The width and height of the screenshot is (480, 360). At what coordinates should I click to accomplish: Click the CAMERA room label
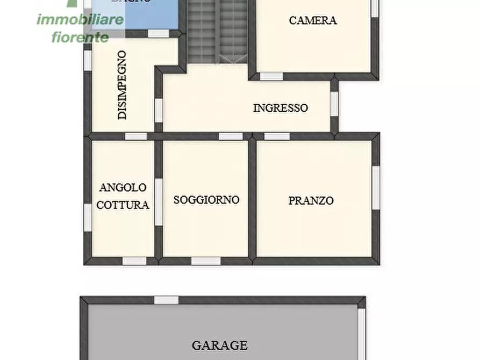click(x=313, y=20)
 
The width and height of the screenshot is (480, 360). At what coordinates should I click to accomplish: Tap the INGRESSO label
click(x=281, y=107)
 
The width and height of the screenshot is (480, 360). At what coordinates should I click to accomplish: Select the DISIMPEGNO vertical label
click(x=123, y=85)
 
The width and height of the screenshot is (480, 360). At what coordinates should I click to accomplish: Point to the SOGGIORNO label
click(x=206, y=199)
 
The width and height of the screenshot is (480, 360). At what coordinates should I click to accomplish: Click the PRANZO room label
click(x=311, y=200)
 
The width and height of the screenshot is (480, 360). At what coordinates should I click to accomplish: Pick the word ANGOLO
click(x=123, y=188)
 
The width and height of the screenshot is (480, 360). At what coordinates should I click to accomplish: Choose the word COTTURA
click(x=123, y=205)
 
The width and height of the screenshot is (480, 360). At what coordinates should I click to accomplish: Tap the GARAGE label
click(x=220, y=345)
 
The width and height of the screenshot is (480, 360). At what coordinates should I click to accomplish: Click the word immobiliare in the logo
click(x=80, y=20)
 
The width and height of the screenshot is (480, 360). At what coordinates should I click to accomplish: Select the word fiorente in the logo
click(x=80, y=37)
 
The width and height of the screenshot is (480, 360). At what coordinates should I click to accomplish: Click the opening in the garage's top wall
click(x=166, y=300)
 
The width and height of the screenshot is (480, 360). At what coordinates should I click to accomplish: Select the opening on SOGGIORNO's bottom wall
click(x=206, y=261)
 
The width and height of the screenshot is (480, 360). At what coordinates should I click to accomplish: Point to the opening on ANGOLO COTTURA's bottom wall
click(x=134, y=261)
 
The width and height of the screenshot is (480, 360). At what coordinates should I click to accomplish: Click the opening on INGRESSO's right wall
click(x=334, y=104)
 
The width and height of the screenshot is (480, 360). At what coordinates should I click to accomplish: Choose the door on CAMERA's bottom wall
click(x=271, y=76)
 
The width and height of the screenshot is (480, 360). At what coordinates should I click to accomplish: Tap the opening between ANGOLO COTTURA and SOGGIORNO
click(x=159, y=201)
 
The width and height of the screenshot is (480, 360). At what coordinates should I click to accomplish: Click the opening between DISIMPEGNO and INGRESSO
click(x=159, y=109)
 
